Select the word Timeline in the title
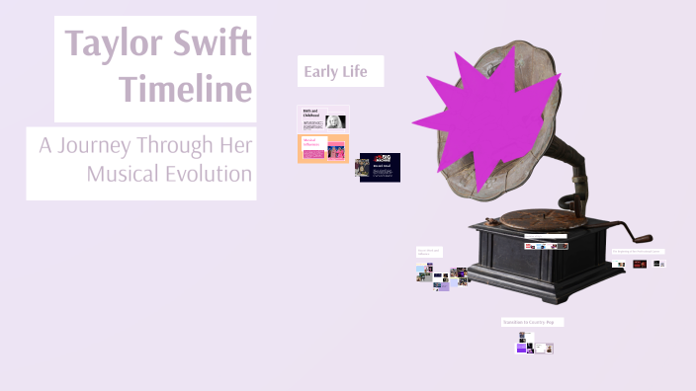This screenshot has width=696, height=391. pyautogui.click(x=185, y=90)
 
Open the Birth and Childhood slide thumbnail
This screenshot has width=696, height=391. pyautogui.click(x=323, y=118)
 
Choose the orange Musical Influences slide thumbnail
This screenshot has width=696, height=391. pyautogui.click(x=323, y=149)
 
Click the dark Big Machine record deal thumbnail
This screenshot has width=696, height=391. pyautogui.click(x=379, y=167)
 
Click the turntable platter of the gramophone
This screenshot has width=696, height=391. pyautogui.click(x=534, y=216)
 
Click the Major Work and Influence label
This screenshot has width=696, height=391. pyautogui.click(x=429, y=252)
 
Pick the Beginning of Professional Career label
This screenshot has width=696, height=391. pyautogui.click(x=637, y=251)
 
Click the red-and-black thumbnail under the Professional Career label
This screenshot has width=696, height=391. pyautogui.click(x=640, y=264)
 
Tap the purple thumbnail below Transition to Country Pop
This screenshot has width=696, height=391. pyautogui.click(x=521, y=347)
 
